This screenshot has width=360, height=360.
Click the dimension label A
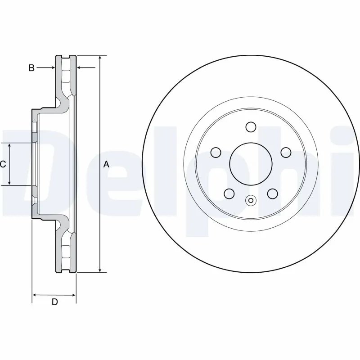tap(107, 165)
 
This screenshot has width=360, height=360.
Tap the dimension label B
tap(31, 68)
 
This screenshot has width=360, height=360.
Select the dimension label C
tap(3, 165)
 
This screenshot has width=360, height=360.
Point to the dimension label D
tap(54, 302)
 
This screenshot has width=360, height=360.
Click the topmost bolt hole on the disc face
tap(251, 127)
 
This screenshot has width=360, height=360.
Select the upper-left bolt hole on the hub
tap(216, 153)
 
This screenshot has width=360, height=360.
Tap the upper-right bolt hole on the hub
tap(286, 153)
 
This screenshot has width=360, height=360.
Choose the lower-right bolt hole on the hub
tap(273, 193)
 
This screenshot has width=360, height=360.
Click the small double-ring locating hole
tap(251, 201)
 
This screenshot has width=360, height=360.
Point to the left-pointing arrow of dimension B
tap(81, 68)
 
